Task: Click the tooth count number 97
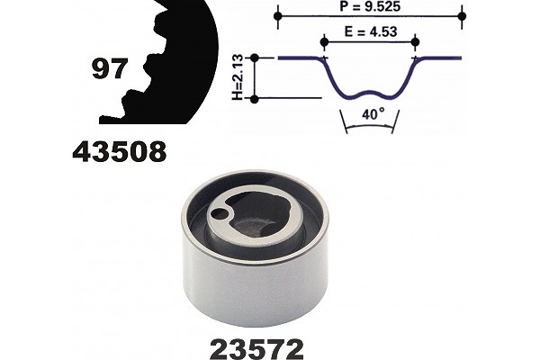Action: [x=110, y=68]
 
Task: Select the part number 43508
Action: [x=120, y=151]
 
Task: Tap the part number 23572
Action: [x=256, y=349]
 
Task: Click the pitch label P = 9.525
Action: [x=370, y=6]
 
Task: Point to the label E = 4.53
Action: [x=371, y=31]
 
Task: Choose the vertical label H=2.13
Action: [x=238, y=78]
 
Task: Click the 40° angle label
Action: [x=373, y=113]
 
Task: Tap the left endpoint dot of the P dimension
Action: [x=278, y=16]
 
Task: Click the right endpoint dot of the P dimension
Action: [x=463, y=16]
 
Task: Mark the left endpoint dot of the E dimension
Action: [x=324, y=42]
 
